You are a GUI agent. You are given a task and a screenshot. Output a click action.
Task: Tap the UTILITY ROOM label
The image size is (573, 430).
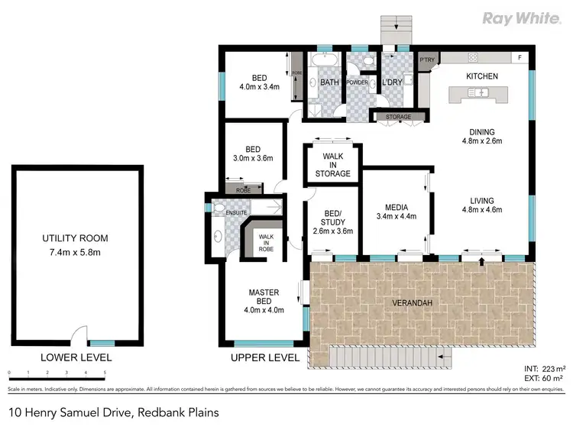click(x=76, y=239)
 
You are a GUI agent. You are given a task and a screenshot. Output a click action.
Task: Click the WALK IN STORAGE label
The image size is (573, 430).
click(x=332, y=165)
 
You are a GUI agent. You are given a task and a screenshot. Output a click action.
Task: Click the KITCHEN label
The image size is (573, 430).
click(x=482, y=76)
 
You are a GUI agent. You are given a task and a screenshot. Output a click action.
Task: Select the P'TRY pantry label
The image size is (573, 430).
click(x=426, y=60)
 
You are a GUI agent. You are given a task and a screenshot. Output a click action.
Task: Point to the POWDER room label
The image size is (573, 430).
click(x=358, y=82)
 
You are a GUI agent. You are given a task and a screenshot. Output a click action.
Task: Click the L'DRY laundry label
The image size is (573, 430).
click(x=393, y=82)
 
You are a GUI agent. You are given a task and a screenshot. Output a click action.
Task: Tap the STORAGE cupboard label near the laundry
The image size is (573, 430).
click(x=398, y=117)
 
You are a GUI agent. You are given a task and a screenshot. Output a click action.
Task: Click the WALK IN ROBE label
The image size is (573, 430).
click(x=267, y=242)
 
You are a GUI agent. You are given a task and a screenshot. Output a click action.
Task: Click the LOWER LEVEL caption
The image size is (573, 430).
click(x=76, y=357)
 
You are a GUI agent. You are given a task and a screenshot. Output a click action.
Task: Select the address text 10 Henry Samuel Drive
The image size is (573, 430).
click(x=112, y=412)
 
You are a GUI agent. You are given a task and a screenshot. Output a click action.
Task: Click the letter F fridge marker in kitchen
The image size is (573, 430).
click(x=520, y=58)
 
